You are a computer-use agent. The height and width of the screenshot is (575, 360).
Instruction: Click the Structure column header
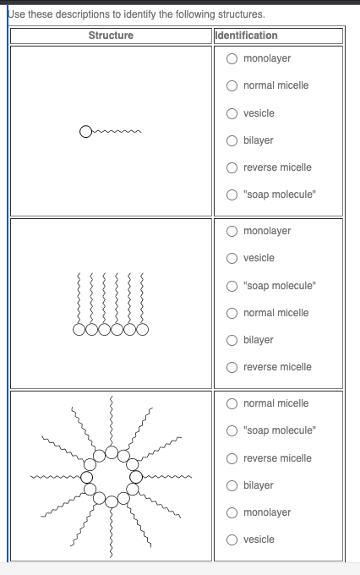110,36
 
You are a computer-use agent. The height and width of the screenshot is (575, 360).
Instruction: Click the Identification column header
247,36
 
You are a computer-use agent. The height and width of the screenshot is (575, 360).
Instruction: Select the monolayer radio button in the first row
232,58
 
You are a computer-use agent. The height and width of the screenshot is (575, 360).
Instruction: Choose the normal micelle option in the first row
232,85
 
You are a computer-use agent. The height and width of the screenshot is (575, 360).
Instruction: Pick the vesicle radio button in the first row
232,113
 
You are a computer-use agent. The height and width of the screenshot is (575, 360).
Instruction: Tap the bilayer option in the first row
232,140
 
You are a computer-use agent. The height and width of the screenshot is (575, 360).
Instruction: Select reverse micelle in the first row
232,167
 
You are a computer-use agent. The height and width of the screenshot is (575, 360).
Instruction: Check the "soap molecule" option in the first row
232,194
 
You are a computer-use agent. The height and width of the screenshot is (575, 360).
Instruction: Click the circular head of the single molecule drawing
85,132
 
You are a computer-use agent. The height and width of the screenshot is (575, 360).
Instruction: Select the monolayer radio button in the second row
232,231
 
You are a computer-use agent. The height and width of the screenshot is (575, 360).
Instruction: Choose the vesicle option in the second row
232,258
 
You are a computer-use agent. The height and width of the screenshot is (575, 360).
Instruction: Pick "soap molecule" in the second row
232,285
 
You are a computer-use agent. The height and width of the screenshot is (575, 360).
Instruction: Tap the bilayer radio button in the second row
232,340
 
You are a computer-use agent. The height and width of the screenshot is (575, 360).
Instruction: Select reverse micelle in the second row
232,367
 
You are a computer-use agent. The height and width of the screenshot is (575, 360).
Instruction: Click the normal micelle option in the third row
232,403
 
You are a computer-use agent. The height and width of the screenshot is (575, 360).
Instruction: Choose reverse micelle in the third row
232,458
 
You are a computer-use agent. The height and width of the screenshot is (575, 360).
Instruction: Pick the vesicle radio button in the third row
232,539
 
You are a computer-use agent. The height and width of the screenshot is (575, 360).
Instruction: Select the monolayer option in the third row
232,512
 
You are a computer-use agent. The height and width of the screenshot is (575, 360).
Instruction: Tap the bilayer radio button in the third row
232,485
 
